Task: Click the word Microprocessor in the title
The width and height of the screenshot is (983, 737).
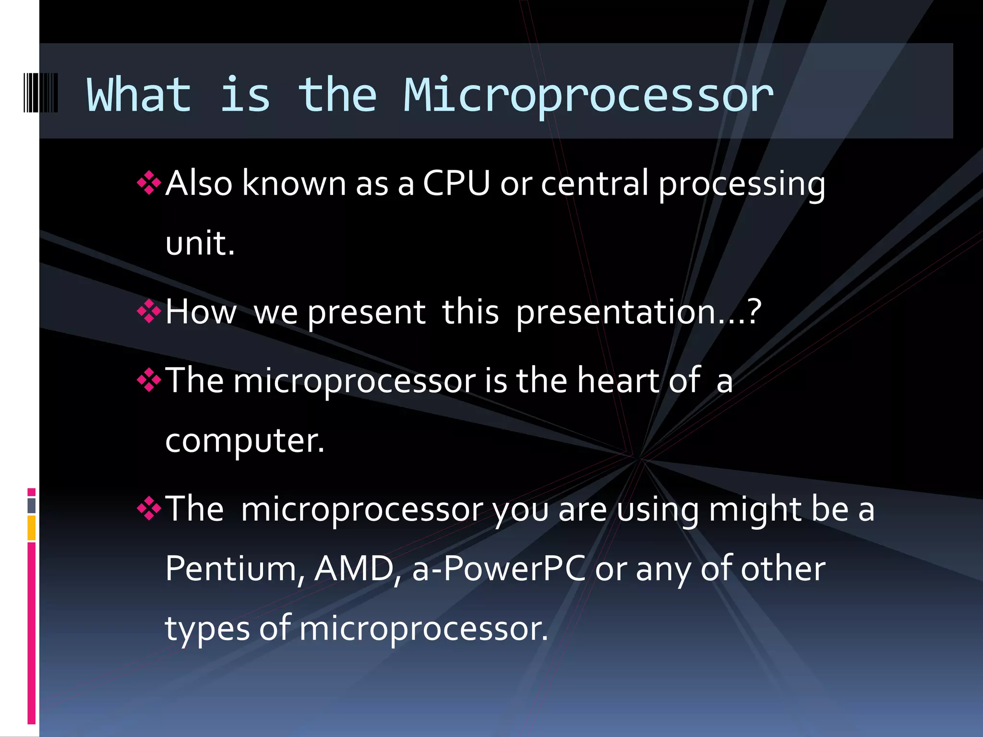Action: tap(588, 96)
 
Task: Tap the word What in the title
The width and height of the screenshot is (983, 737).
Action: tap(139, 95)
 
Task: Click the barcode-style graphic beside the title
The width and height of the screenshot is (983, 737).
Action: tap(41, 93)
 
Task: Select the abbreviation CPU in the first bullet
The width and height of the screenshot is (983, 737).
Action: tap(456, 183)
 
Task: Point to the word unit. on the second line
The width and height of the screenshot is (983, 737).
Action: tap(200, 243)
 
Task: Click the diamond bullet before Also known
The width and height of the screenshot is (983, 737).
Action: tap(149, 183)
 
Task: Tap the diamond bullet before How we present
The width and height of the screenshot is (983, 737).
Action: tap(149, 312)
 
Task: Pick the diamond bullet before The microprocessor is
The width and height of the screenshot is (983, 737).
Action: tap(149, 380)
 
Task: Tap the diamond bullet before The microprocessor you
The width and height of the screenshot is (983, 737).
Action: tap(149, 509)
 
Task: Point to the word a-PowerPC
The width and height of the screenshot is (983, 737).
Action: tap(499, 569)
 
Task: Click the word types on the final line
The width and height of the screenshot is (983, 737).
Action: tap(207, 629)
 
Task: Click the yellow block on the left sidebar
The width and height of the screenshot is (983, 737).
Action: tap(32, 528)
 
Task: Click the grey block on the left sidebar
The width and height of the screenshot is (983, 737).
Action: tap(32, 506)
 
